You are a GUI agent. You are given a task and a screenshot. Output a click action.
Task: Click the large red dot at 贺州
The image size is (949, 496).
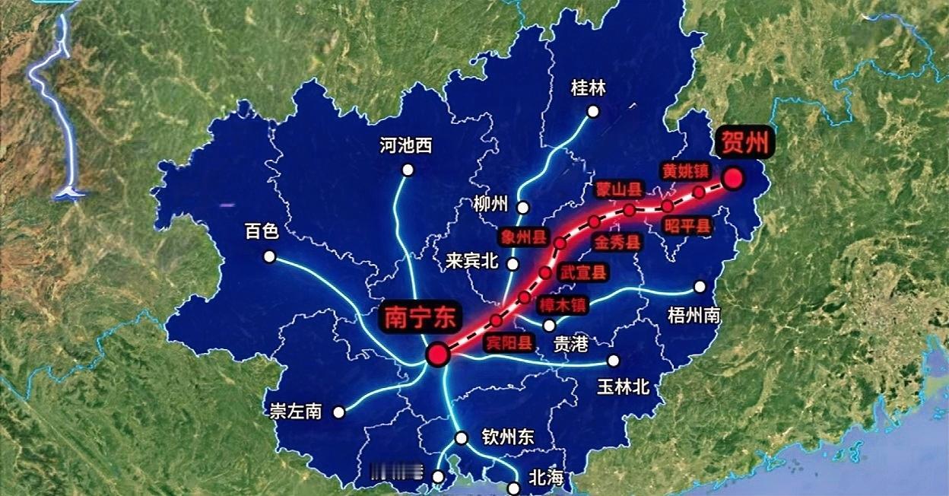(733, 178)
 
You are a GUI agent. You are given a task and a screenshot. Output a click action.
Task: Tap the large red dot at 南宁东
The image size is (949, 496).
(437, 354)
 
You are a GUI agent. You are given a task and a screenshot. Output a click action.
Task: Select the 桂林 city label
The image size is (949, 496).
(588, 88)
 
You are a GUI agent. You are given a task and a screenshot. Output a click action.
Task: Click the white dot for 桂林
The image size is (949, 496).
(593, 112)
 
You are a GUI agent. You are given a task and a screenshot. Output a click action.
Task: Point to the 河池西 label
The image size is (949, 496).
(406, 145)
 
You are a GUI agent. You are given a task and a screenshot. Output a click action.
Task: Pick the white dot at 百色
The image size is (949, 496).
(269, 256)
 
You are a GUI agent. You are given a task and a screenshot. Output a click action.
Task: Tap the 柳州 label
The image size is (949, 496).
(490, 204)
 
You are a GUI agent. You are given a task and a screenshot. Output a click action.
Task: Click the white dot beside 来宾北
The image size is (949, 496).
(513, 264)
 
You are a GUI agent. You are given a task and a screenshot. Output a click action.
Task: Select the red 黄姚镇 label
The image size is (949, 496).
(685, 171)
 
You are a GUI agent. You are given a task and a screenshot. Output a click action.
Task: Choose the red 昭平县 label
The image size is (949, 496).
(687, 225)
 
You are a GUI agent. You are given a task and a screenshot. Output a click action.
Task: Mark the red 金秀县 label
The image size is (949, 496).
(617, 243)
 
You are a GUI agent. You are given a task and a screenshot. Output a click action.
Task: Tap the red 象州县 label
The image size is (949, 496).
(524, 237)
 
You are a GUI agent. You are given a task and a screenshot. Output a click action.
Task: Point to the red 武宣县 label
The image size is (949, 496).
(584, 272)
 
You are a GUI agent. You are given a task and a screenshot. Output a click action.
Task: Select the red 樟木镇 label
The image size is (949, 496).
(563, 305)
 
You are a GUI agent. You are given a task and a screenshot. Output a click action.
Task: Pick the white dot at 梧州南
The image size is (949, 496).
(700, 287)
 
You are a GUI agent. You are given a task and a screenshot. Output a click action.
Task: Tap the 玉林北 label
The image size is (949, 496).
(623, 386)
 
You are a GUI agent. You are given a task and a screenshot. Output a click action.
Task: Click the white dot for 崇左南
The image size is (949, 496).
(339, 412)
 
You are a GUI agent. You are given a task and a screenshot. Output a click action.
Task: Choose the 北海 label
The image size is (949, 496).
(546, 478)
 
